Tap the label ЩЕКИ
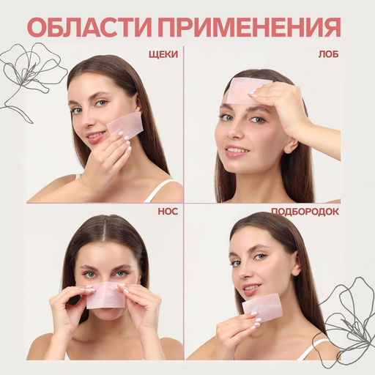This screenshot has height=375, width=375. pos(161,54)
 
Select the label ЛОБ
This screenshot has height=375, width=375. pos(327,54)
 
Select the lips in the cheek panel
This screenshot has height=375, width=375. pos(96,136)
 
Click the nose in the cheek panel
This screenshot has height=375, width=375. pos(88,119)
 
